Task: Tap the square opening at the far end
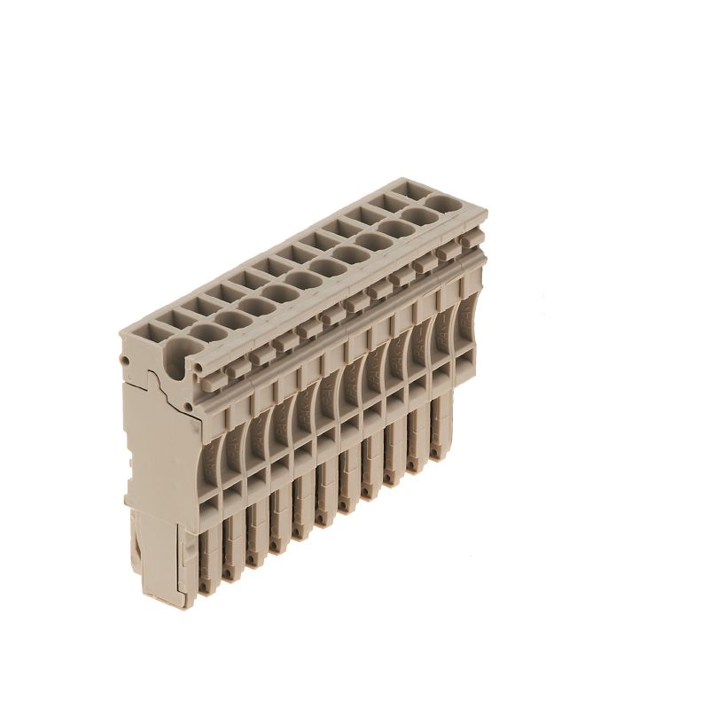pyautogui.click(x=413, y=189)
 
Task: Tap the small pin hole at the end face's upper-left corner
pyautogui.click(x=126, y=362)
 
